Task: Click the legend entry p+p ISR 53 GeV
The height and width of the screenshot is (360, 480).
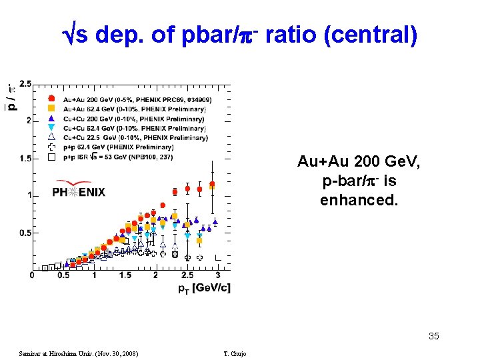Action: [x=120, y=157]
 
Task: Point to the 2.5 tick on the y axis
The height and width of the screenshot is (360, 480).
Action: [x=25, y=83]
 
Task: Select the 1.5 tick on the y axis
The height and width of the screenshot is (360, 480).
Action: [x=25, y=158]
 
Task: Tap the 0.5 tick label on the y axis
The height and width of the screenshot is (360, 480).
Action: [x=25, y=233]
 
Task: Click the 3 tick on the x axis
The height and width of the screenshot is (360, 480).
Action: [x=217, y=275]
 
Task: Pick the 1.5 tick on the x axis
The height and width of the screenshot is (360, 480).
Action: [x=125, y=275]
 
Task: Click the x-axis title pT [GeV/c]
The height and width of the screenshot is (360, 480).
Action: [x=204, y=287]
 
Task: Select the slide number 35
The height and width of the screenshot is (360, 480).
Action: [x=433, y=336]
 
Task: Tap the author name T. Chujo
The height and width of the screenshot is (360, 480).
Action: [x=235, y=353]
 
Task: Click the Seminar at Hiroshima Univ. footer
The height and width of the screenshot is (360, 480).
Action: [x=79, y=353]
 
